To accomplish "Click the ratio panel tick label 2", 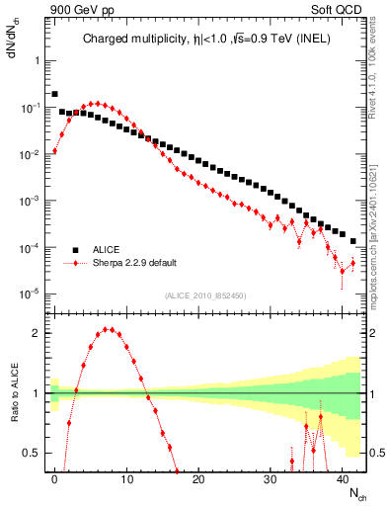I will tap(36, 332).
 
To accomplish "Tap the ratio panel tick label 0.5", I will tap(32, 453).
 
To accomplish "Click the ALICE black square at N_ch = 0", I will tap(54, 94).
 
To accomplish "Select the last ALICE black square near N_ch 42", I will tap(353, 241).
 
